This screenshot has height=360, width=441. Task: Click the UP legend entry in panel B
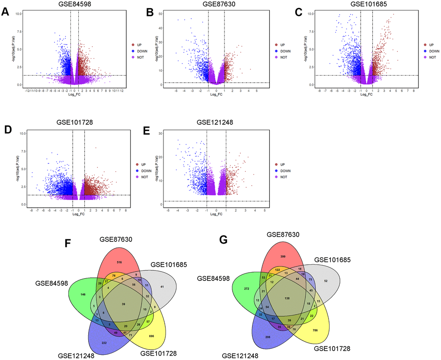(283, 45)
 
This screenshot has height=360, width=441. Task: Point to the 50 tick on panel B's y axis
(161, 14)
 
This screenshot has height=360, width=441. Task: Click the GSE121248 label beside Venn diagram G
(243, 356)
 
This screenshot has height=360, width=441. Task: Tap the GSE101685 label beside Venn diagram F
(169, 264)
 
